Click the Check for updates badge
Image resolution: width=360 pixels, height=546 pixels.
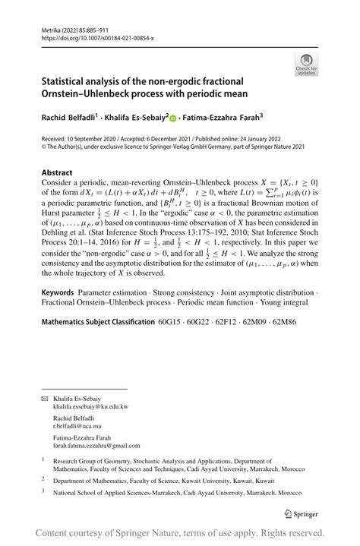click(x=306, y=64)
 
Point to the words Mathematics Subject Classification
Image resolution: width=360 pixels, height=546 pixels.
click(x=97, y=322)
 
